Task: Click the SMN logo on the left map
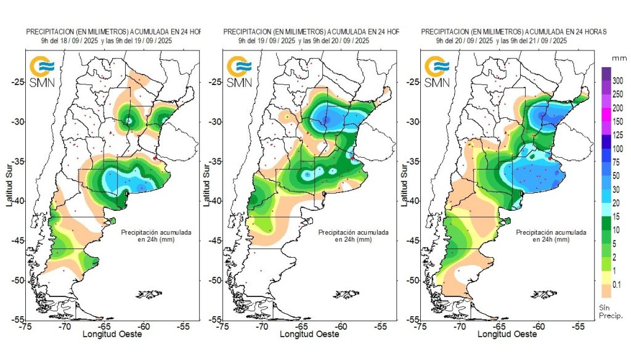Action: tap(43, 72)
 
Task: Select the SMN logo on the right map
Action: tap(436, 72)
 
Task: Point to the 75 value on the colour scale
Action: tap(616, 162)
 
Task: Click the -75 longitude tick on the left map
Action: tap(25, 326)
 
